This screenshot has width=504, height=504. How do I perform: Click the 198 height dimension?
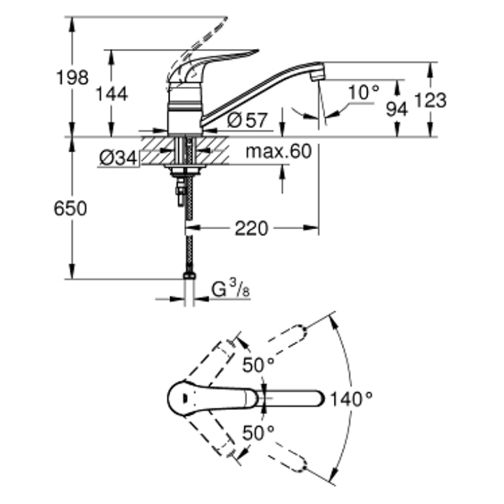(73, 77)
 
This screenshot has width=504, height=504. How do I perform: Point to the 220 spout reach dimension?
(251, 229)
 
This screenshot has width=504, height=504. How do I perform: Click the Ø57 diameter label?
(247, 120)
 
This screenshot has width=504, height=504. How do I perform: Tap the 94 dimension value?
(397, 109)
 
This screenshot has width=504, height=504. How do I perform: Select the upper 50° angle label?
(258, 366)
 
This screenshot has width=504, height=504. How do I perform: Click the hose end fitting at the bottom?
(189, 276)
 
